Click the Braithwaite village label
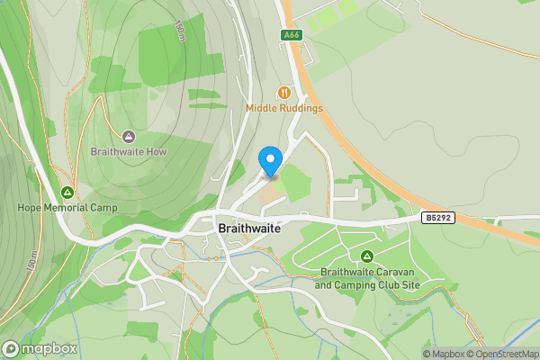point(249,229)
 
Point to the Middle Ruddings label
point(284,109)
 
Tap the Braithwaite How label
point(129,152)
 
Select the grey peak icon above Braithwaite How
point(129,137)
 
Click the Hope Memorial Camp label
point(67,207)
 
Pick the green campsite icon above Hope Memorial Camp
point(67,192)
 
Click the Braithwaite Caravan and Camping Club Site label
point(367,278)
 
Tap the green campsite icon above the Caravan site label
point(367,256)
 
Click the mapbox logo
point(40,348)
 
